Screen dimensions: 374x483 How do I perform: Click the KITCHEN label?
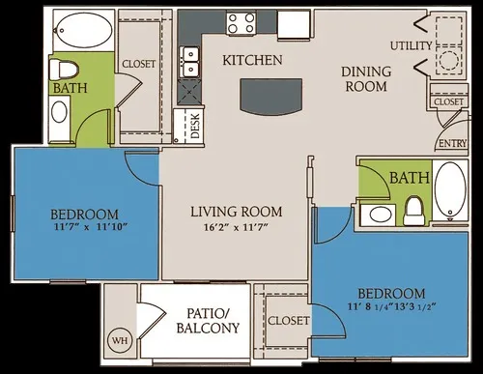coord(252,60)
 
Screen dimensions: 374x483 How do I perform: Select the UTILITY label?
coord(411,45)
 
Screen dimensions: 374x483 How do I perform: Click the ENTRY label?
coord(450,143)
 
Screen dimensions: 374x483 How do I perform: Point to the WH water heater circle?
coord(121,340)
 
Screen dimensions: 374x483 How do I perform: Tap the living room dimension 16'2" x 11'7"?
coord(236,229)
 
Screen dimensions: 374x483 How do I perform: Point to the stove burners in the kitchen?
coord(240,23)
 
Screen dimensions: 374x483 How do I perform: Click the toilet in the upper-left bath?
coord(64,71)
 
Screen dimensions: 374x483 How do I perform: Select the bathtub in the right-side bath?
coord(450,188)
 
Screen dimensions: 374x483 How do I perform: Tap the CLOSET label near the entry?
coord(448,101)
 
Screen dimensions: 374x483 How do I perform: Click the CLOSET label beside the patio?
coord(289,320)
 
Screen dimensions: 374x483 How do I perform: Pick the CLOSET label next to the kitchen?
coord(138,64)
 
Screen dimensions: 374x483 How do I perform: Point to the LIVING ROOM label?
coord(236,212)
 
